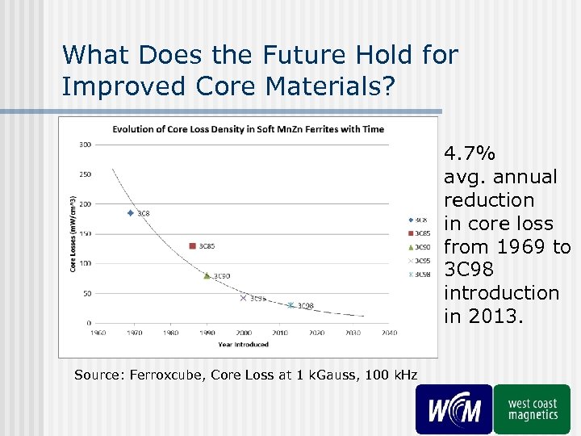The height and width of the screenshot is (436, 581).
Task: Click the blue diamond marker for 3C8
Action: [x=131, y=213]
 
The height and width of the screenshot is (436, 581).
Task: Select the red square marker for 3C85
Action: [x=192, y=245]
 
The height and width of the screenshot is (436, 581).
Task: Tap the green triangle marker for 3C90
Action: [x=207, y=275]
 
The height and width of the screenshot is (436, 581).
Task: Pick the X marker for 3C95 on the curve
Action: [x=243, y=298]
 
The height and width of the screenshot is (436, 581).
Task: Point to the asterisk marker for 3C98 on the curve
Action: [x=290, y=305]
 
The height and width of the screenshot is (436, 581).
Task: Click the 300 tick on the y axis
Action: [x=85, y=145]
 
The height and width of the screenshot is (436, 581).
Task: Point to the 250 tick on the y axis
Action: [x=85, y=174]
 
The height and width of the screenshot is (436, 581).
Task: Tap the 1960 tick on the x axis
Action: [x=98, y=332]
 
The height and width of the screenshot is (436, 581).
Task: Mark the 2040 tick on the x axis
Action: [x=389, y=332]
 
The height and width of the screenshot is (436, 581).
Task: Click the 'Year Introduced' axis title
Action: [x=243, y=344]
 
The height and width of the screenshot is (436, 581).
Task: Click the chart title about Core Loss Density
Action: [x=248, y=129]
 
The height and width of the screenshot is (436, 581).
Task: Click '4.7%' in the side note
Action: [x=470, y=153]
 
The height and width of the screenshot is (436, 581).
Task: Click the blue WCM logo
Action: [x=454, y=409]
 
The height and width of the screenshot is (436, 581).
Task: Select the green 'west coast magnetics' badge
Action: [x=533, y=409]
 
